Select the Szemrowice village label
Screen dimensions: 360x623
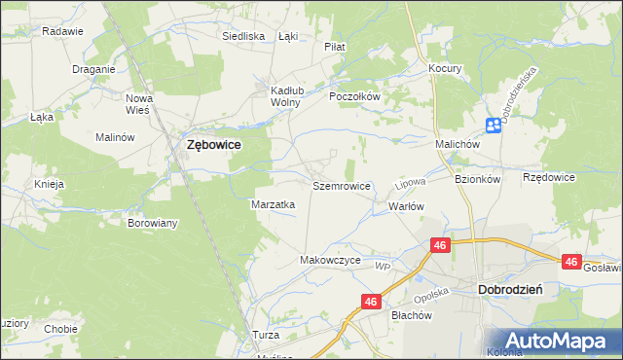[x=341, y=185]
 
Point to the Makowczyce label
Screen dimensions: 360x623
[x=330, y=260]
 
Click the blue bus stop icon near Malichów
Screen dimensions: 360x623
[x=494, y=125]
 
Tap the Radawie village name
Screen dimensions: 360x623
[x=62, y=31]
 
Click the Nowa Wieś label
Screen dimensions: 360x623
[x=140, y=103]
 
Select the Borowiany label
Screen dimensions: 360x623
[x=153, y=223]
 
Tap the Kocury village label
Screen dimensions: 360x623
[x=445, y=69]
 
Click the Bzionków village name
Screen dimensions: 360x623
[x=477, y=179]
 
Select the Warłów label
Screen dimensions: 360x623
[x=407, y=206]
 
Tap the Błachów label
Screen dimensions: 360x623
[x=410, y=314]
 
